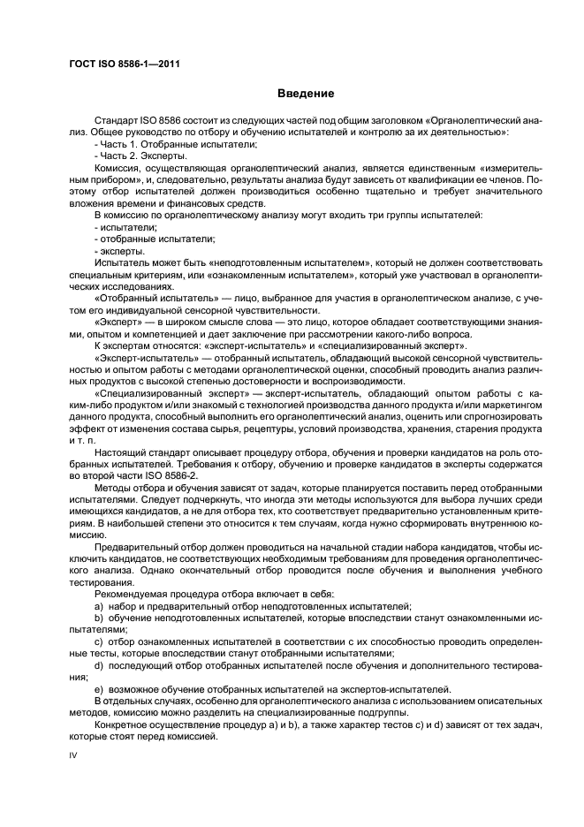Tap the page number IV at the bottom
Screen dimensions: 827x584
click(x=73, y=755)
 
